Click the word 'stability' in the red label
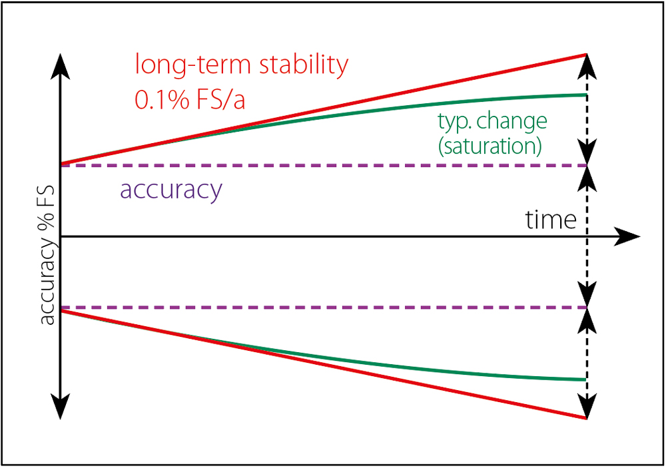coord(304,65)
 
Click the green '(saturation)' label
coord(490,146)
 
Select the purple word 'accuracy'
coord(171,190)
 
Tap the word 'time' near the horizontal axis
coord(551,219)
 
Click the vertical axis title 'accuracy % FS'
coord(47,255)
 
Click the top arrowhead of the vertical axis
coord(61,67)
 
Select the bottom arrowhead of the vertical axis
coord(61,406)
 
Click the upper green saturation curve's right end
coord(586,95)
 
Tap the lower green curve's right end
coord(586,379)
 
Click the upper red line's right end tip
coord(587,55)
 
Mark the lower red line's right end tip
coord(587,419)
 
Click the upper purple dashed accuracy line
coord(324,165)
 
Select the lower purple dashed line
coord(324,307)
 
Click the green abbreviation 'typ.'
coord(456,122)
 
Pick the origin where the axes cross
coord(61,236)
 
